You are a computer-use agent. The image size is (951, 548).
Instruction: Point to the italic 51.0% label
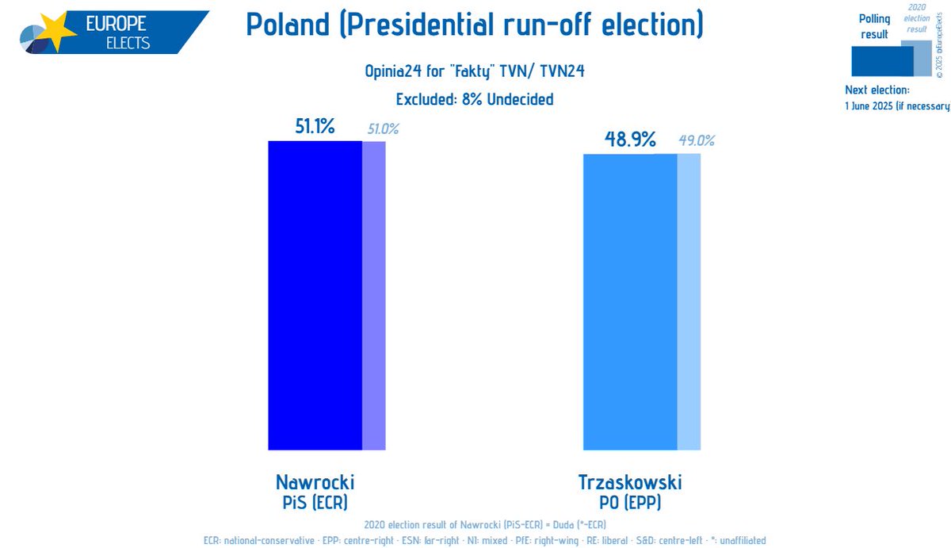382,128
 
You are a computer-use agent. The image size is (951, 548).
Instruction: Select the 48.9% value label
630,140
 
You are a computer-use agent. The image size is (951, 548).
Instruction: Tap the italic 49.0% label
697,141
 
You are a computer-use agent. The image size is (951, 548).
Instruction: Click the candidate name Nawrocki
315,482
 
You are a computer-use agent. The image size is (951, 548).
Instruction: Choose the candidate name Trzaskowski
630,482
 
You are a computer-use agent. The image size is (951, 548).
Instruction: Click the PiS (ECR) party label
315,502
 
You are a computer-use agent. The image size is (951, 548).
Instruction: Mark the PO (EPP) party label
630,502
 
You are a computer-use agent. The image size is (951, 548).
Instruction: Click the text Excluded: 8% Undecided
474,99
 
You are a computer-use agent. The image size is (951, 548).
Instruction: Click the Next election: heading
877,90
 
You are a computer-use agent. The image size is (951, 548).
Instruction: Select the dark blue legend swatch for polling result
881,61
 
